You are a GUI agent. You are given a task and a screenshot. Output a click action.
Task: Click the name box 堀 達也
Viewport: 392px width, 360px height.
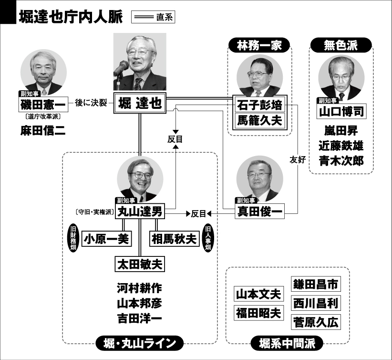[x=140, y=103]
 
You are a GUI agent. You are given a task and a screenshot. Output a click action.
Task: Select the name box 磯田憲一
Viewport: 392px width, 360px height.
[x=43, y=104]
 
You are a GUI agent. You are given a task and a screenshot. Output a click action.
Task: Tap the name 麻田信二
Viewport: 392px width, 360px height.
[x=43, y=130]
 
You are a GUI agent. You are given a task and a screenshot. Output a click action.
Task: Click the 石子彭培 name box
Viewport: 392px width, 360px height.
[x=260, y=105]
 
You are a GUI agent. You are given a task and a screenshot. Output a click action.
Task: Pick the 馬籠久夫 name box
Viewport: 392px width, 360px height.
[x=260, y=120]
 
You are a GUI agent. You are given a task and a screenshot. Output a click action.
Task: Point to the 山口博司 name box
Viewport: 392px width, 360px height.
[x=342, y=111]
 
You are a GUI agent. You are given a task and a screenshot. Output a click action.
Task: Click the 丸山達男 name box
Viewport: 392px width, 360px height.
[x=140, y=212]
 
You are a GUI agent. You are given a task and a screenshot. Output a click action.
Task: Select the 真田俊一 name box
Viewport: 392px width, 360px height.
[x=260, y=212]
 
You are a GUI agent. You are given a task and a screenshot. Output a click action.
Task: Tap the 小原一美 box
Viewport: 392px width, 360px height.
[x=107, y=239]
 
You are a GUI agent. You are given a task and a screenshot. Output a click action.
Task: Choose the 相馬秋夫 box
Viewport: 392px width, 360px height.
[x=174, y=239]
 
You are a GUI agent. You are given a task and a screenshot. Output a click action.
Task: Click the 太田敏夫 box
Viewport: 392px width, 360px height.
[x=140, y=264]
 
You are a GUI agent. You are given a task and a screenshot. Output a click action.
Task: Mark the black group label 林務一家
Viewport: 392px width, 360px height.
[x=259, y=45]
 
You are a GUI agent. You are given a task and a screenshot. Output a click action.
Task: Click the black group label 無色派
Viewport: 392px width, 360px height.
[x=341, y=45]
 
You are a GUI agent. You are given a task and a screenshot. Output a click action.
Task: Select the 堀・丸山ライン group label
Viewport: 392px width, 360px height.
[x=140, y=343]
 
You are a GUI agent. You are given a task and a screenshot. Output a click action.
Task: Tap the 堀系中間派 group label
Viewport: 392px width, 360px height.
[x=287, y=343]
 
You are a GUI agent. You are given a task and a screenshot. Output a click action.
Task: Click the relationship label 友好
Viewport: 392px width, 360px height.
[x=298, y=159]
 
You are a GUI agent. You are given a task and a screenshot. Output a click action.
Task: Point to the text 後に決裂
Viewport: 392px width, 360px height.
[x=91, y=103]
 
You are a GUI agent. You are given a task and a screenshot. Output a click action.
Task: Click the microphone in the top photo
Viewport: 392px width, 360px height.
[x=121, y=68]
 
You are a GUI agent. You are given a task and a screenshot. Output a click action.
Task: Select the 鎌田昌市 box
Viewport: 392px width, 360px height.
[x=316, y=284]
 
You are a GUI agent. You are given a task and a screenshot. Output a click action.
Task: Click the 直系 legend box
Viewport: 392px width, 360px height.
[x=153, y=17]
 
